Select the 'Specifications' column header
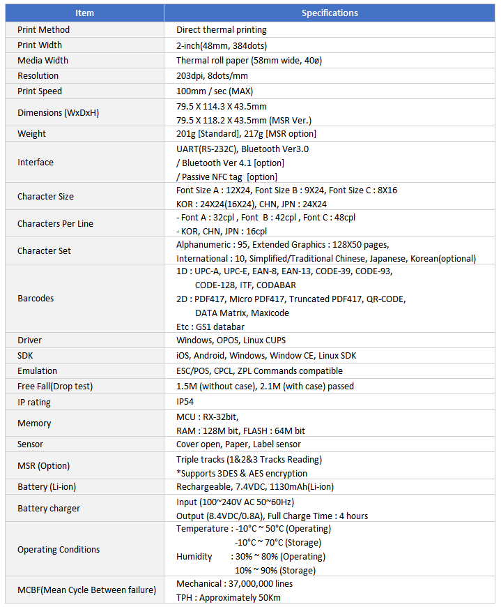point(330,13)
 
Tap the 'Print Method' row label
point(43,30)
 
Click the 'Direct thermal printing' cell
point(222,30)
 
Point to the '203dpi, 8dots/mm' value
point(213,76)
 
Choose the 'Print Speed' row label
point(40,91)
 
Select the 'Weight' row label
point(32,134)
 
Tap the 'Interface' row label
point(36,163)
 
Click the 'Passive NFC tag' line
point(226,177)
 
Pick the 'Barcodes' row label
point(36,299)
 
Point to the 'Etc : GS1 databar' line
point(210,327)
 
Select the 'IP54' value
point(185,402)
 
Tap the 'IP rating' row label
point(34,403)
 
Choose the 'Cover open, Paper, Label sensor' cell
point(239,444)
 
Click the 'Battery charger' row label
point(49,509)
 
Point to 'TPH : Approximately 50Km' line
point(229,598)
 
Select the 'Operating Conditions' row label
point(59,550)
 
